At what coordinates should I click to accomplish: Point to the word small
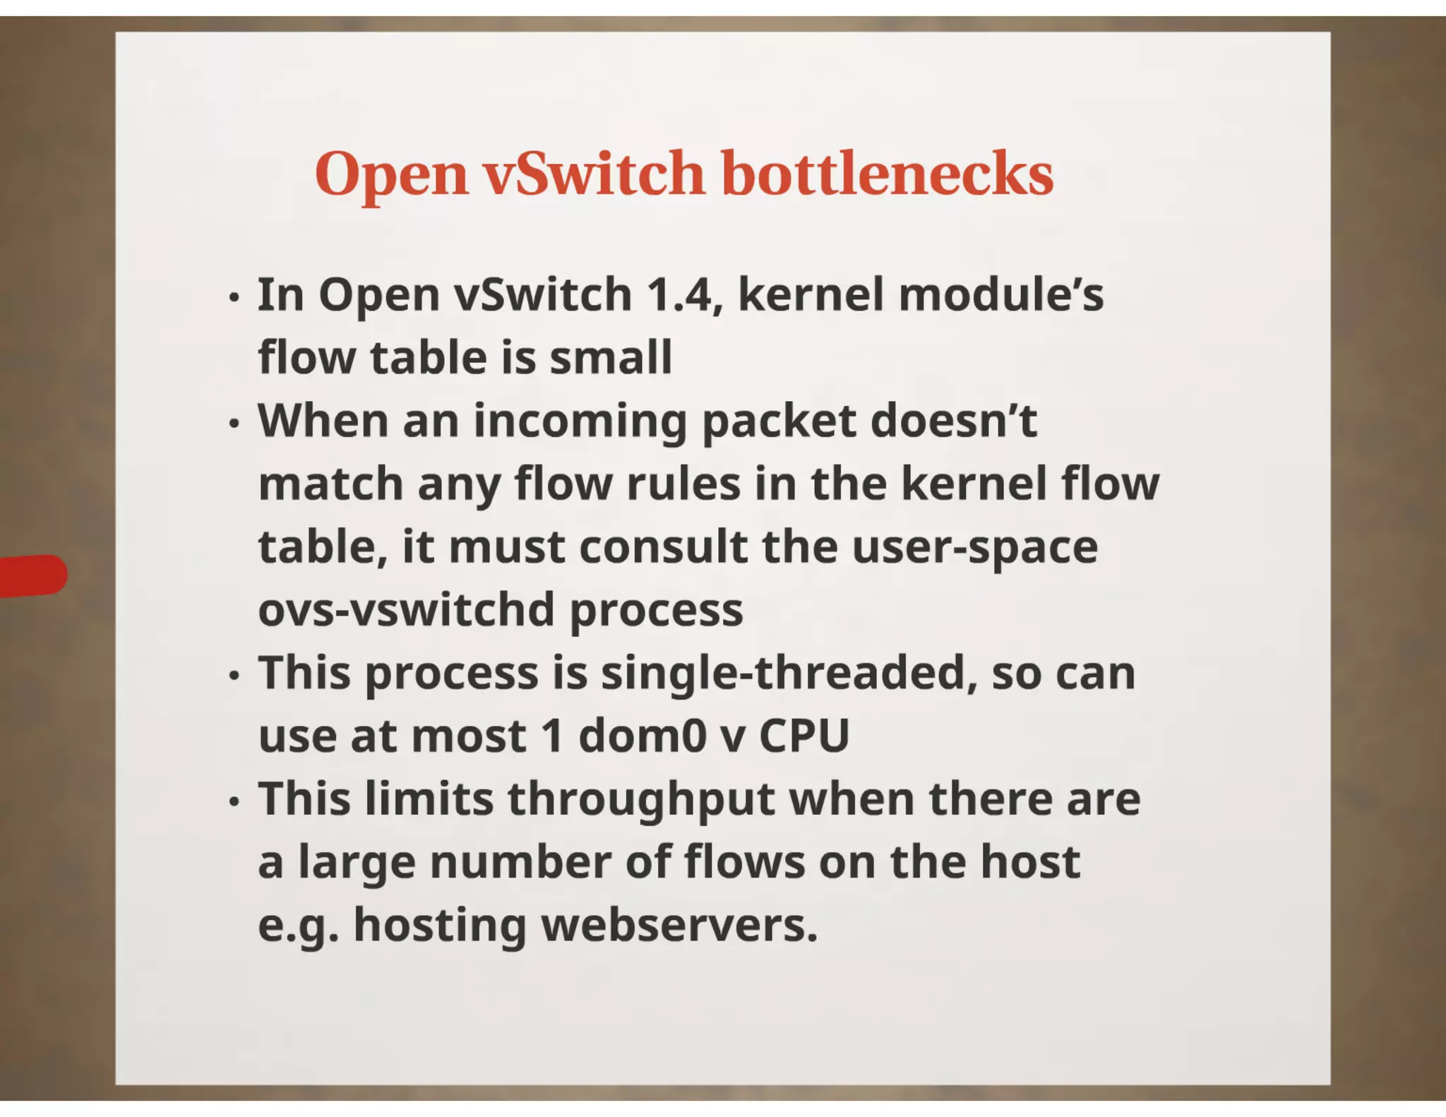click(611, 357)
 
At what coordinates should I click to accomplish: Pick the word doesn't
click(953, 421)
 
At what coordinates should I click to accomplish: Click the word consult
click(663, 547)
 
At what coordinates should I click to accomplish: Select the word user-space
click(975, 549)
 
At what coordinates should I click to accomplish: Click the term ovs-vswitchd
click(406, 610)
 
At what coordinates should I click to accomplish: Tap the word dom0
click(643, 736)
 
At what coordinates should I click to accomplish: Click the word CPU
click(804, 736)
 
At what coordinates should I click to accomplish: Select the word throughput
click(641, 801)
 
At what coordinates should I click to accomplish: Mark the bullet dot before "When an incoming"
click(234, 424)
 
